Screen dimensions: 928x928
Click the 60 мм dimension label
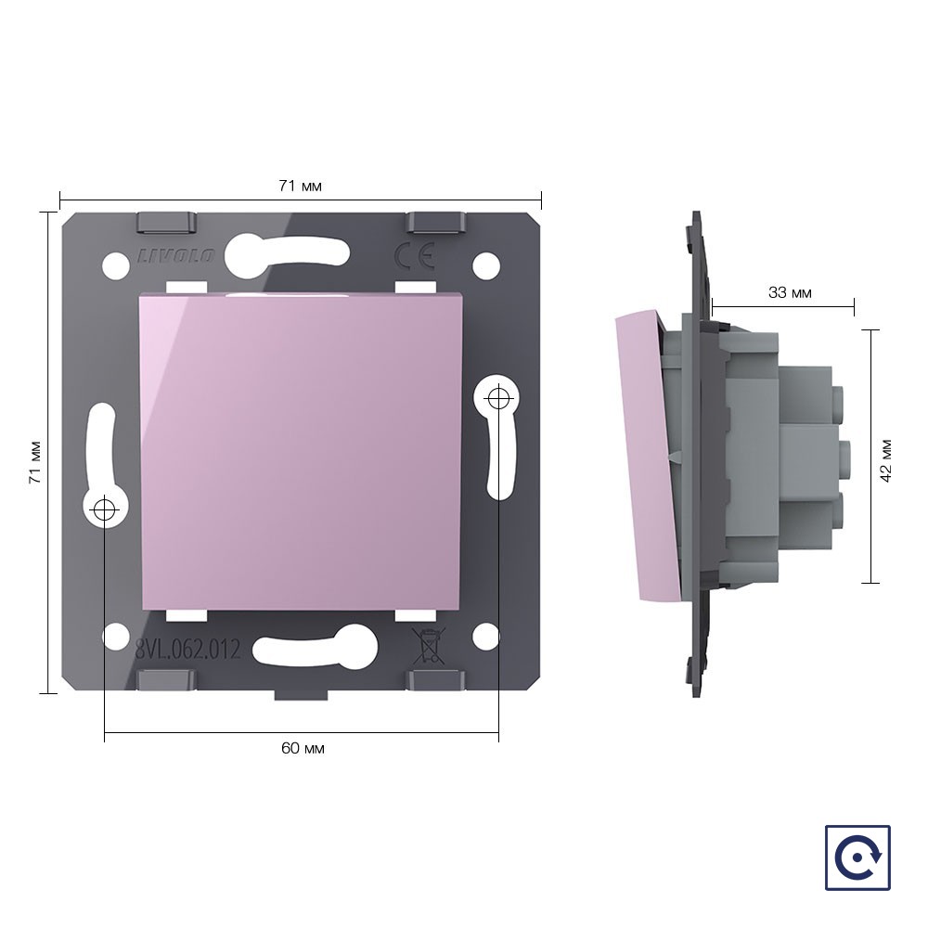pos(303,748)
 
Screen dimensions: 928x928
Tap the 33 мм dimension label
pos(790,292)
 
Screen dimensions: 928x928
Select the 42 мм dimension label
pos(885,461)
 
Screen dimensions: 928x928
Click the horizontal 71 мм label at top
pos(300,186)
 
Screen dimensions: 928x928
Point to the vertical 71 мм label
pos(35,462)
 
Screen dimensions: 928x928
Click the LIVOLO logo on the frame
pos(175,256)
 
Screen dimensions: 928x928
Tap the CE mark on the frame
pos(414,256)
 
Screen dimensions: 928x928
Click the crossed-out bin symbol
pos(428,646)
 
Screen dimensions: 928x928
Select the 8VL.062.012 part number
pos(187,651)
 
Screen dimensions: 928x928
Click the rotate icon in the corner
pos(857,857)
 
